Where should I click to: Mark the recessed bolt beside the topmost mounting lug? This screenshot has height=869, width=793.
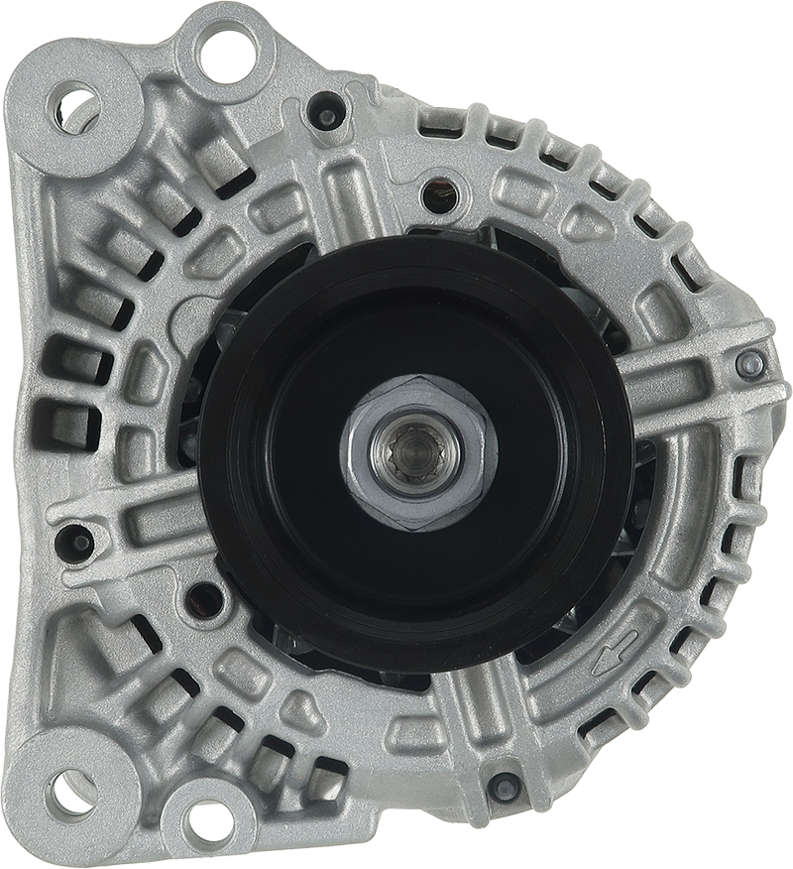tap(323, 108)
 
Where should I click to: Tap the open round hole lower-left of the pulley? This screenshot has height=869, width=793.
tap(203, 597)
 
